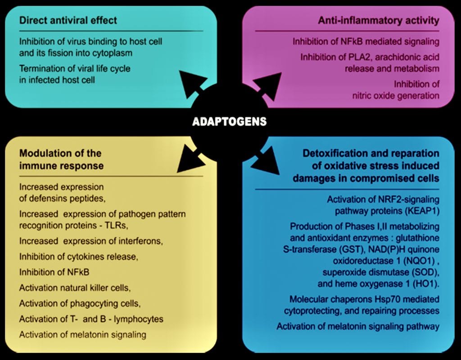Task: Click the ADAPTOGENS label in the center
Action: coord(229,122)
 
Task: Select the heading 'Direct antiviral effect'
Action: coord(68,20)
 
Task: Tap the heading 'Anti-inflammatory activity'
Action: coord(379,20)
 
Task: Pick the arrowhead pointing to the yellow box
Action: coord(190,160)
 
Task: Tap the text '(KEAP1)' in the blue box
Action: coord(421,210)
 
